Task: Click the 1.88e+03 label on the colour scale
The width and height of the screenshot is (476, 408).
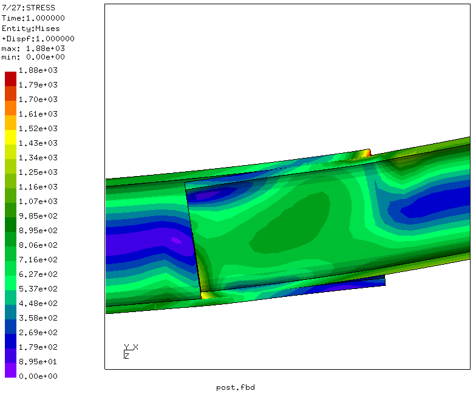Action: point(38,70)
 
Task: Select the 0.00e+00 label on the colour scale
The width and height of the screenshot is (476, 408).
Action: point(38,376)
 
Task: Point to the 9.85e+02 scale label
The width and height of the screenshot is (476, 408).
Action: point(38,216)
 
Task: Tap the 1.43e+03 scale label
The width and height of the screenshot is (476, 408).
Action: point(38,143)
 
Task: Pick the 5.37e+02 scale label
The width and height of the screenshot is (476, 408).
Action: point(38,289)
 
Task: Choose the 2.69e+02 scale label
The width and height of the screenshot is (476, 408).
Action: point(38,333)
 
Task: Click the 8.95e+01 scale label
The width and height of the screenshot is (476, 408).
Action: point(38,362)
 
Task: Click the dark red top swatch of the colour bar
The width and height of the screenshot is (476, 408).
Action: point(11,79)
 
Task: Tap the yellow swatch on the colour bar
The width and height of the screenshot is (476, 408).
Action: point(11,137)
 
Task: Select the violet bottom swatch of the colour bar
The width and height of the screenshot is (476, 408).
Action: point(11,370)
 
